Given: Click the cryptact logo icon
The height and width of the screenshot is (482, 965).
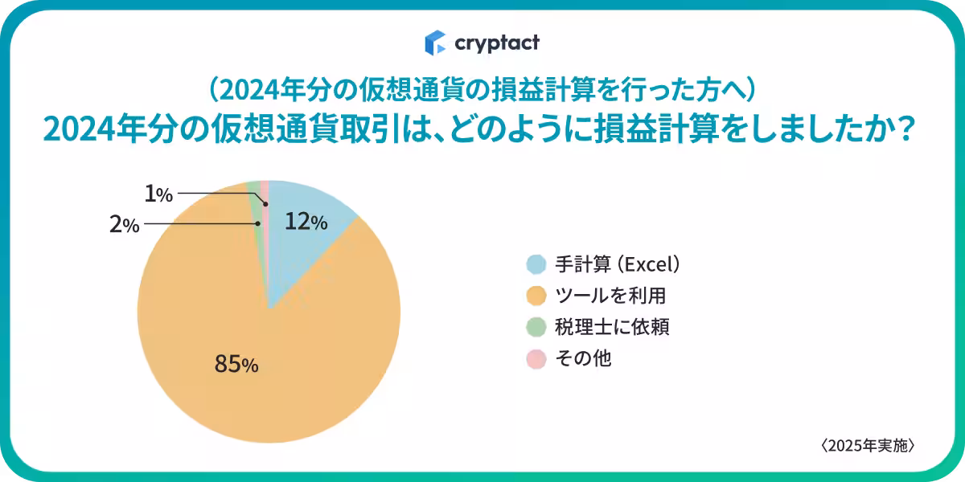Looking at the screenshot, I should click(435, 42).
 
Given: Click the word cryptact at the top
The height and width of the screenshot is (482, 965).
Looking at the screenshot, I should click(496, 43).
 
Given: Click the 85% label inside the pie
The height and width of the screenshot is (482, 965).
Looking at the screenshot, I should click(236, 365).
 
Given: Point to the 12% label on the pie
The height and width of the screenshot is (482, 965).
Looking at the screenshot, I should click(306, 223).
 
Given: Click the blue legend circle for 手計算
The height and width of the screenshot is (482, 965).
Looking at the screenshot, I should click(536, 264).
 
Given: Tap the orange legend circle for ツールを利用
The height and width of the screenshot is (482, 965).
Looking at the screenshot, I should click(536, 296).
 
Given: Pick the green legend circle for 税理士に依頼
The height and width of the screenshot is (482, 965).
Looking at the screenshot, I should click(536, 327).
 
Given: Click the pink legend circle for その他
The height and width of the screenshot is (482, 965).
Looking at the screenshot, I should click(536, 358).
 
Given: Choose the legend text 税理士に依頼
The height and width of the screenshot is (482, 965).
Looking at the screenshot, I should click(612, 327).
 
